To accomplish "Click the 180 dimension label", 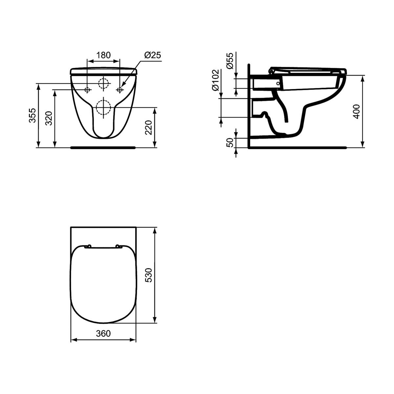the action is pos(103,55).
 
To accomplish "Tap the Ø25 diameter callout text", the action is pos(153,55).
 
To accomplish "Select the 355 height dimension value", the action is pos(32,116).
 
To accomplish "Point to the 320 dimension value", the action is pos(49,118).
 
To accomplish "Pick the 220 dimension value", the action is pos(148,128).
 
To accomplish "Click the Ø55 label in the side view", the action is pos(230,61).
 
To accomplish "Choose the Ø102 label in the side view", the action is pos(215,80).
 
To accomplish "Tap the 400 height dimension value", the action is pos(356,111).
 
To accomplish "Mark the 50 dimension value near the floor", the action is pos(230,142).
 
